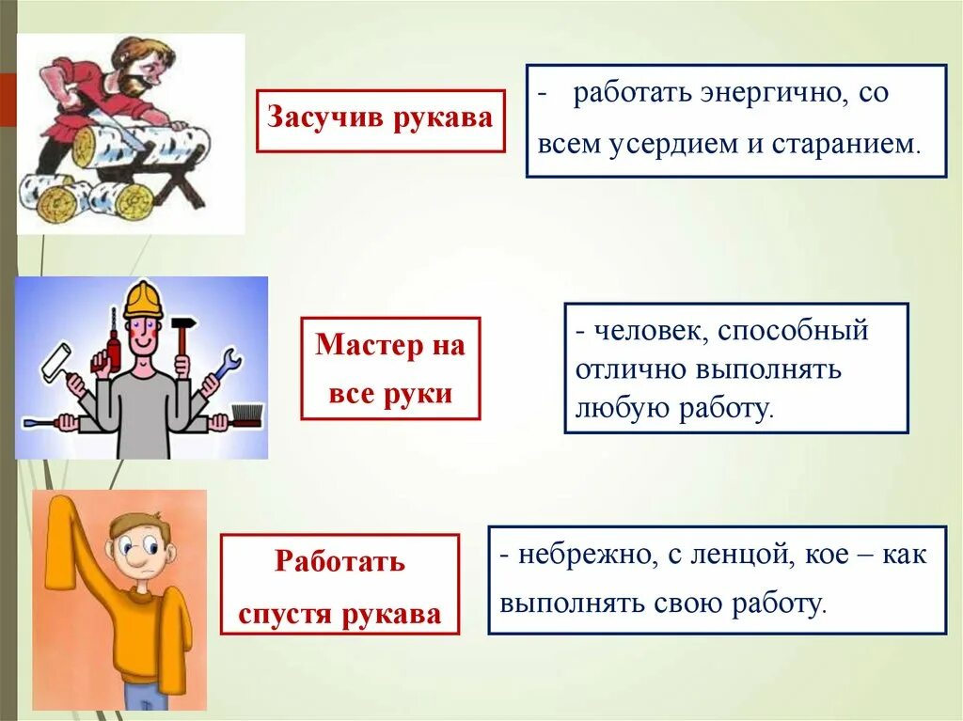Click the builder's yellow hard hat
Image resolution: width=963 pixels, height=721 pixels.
click(x=143, y=299)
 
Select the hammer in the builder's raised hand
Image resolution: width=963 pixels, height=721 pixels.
click(x=182, y=334)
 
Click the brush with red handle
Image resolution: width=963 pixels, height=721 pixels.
click(x=244, y=415)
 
